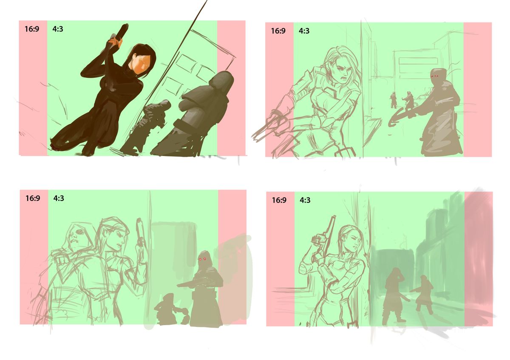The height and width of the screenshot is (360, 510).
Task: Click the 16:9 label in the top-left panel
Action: (32, 29)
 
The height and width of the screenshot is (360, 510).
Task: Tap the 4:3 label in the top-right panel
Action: (304, 31)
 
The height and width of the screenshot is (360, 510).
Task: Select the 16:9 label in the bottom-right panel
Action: (279, 200)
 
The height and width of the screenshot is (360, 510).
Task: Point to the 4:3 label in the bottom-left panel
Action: (59, 198)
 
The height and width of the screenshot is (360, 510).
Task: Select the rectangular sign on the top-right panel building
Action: (418, 61)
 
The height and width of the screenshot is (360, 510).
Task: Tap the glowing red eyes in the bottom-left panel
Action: (202, 259)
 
